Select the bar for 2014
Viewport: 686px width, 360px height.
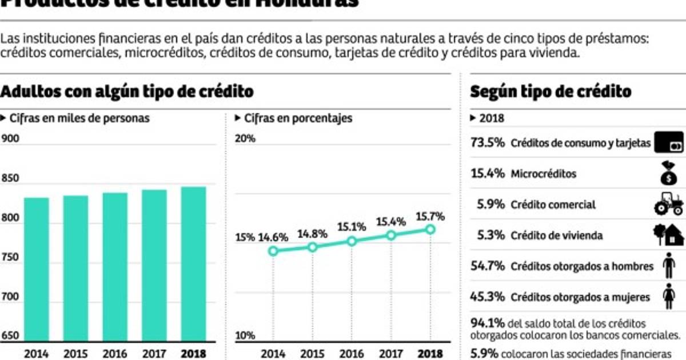(37, 269)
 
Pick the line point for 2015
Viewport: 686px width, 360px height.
(312, 247)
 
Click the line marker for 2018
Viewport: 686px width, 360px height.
(430, 229)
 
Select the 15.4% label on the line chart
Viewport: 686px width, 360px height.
(391, 221)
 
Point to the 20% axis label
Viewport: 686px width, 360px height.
(245, 139)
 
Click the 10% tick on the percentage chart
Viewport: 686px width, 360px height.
(245, 335)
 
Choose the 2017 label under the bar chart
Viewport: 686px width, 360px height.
(154, 353)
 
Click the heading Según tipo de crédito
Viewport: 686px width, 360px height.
(551, 91)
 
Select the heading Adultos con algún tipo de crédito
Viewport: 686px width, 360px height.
(127, 91)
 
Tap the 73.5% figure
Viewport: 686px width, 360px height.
(487, 142)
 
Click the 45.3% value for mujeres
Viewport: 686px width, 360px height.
(487, 297)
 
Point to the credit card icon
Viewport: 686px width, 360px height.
(668, 143)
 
